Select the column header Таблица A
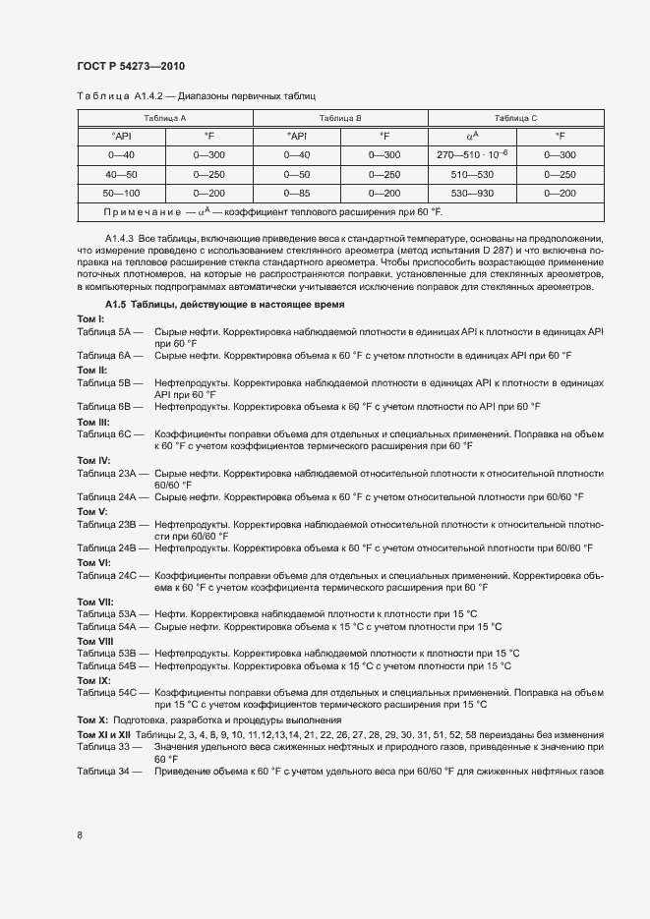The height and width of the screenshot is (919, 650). (x=164, y=117)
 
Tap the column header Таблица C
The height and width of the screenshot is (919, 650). (x=516, y=117)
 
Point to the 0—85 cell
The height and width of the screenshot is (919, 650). (x=297, y=193)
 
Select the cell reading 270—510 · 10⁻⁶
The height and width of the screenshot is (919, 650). (x=472, y=155)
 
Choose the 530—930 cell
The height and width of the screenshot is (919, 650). (x=472, y=193)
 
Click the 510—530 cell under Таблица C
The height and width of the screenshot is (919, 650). (x=472, y=174)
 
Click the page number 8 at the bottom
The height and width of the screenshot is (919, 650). (x=80, y=835)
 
